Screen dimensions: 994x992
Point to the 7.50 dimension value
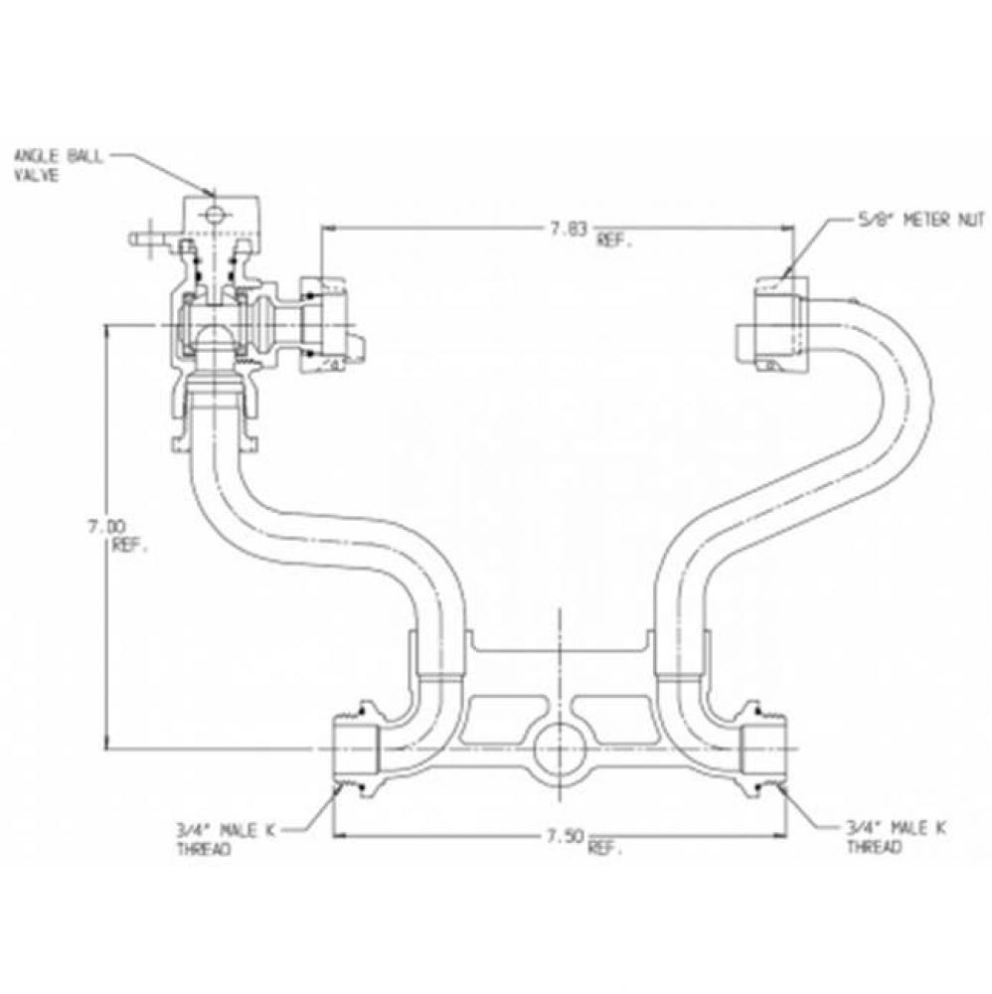point(563,836)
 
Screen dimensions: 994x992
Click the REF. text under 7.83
point(613,242)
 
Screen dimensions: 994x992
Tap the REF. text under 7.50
point(606,850)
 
